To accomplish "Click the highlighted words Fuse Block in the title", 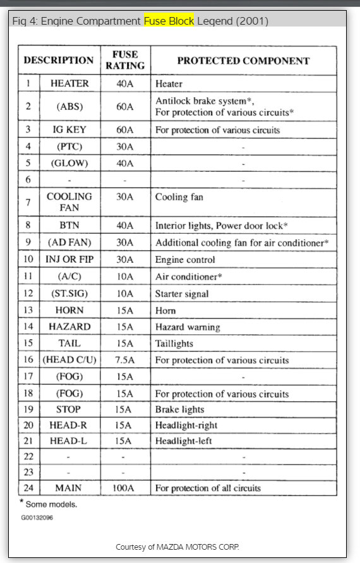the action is click(169, 21).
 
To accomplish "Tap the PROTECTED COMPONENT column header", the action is click(243, 61).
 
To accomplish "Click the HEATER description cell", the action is click(69, 83).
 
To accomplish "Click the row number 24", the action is click(28, 488).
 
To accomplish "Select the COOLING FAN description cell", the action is click(69, 202).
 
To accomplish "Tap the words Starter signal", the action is click(182, 293).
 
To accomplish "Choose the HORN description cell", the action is click(69, 310).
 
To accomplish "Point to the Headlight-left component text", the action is click(184, 441).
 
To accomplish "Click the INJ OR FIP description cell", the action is click(69, 259).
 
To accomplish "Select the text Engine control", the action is click(185, 260).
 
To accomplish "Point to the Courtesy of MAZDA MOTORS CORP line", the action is click(177, 547).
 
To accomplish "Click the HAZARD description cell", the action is click(69, 327).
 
